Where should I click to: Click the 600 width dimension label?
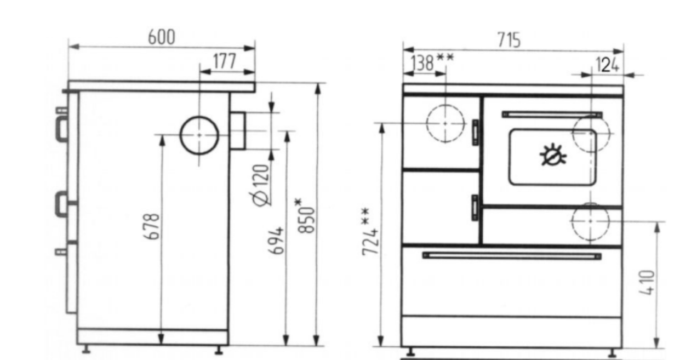tap(162, 37)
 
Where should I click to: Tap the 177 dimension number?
tap(225, 61)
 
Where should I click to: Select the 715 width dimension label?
tap(509, 40)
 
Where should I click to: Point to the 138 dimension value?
tap(422, 63)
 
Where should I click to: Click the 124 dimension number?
tap(607, 65)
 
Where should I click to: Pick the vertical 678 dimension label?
tap(152, 226)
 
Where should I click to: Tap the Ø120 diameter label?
tap(260, 185)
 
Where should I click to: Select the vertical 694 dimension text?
tap(276, 241)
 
